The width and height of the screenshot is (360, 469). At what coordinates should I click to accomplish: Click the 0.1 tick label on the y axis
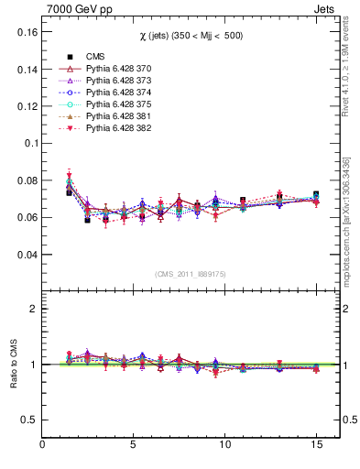[x=27, y=144]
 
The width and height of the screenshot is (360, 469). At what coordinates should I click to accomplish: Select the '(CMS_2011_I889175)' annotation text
[x=191, y=274]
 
